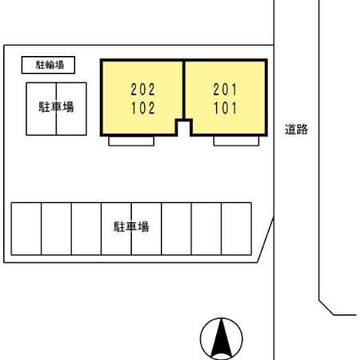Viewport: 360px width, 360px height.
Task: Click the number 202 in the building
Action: (142, 90)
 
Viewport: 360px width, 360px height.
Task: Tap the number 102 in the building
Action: (143, 108)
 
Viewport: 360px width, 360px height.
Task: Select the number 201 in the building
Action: (225, 90)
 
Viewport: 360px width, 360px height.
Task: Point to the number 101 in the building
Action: (226, 108)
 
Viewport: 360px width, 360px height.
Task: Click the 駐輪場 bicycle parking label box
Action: (48, 65)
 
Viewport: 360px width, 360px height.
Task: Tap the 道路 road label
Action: (296, 130)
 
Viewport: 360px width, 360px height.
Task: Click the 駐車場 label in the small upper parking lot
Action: (56, 107)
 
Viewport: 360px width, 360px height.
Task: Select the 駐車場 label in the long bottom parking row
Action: (131, 226)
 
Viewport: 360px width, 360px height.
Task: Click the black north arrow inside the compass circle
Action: (221, 338)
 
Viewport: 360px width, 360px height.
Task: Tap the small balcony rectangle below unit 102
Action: (131, 141)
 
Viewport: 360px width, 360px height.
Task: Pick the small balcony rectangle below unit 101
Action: (236, 141)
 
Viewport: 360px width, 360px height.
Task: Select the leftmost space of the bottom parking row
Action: (26, 229)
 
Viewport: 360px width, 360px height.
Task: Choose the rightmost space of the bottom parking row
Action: (236, 229)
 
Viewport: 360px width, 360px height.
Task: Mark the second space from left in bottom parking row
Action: (56, 229)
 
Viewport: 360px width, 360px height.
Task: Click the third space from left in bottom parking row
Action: (86, 229)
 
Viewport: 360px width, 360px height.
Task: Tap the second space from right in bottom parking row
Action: (206, 229)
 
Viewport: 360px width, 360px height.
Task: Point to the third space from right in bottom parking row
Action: (176, 229)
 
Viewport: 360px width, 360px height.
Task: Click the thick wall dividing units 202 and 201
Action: (184, 90)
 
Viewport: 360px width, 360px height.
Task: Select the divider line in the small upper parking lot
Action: (56, 109)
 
